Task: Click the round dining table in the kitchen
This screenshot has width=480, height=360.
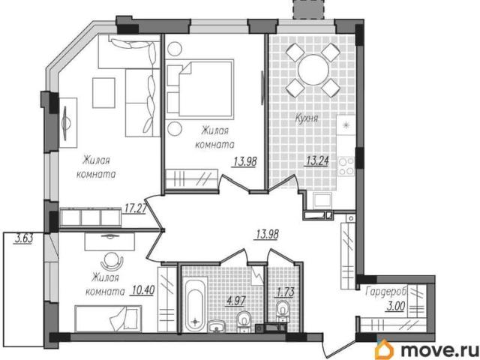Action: (x=313, y=70)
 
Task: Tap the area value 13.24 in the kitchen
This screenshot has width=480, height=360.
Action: (x=316, y=160)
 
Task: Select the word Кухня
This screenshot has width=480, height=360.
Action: (x=307, y=118)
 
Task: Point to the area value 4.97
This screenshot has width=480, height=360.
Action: (x=235, y=301)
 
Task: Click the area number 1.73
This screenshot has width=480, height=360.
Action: (x=285, y=292)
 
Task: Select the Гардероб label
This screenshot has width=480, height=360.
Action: (x=385, y=292)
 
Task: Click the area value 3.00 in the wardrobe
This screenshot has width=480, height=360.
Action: (x=395, y=306)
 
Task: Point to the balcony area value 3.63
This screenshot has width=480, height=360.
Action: (x=23, y=238)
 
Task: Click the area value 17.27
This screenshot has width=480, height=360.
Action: (x=134, y=209)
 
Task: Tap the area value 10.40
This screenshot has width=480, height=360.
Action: (x=142, y=289)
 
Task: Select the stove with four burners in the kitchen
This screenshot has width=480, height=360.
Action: (x=346, y=166)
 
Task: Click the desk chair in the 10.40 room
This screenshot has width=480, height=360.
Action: (x=112, y=261)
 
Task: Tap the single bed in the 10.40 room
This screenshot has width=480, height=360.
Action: (x=108, y=318)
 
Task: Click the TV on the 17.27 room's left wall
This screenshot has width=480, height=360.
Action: (x=66, y=123)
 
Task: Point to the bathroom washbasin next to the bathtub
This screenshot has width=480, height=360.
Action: (x=217, y=325)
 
